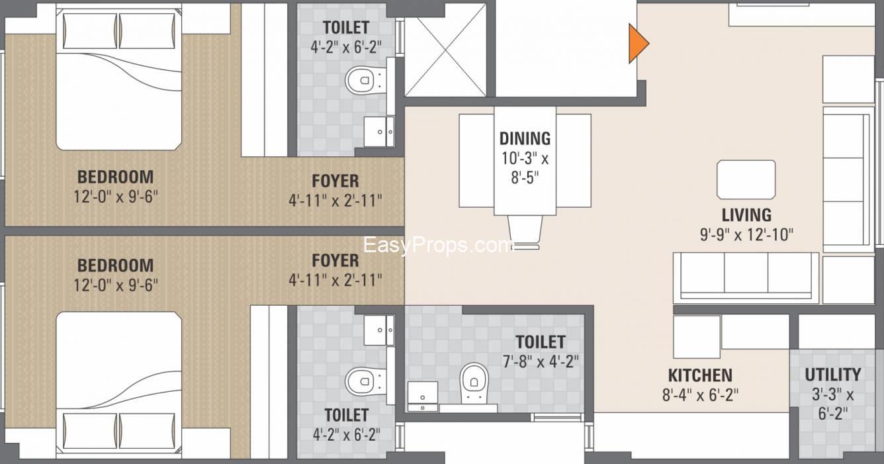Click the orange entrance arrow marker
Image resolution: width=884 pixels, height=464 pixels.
[x=637, y=43]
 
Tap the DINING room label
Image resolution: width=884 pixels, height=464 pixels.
[x=525, y=138]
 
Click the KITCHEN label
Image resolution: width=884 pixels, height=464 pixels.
[x=699, y=375]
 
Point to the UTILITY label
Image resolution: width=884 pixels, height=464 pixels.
[x=832, y=375]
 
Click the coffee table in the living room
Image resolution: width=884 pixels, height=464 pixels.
[x=746, y=179]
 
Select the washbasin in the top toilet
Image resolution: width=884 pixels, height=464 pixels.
[x=380, y=132]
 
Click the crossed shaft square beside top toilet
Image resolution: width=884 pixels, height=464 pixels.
[x=445, y=56]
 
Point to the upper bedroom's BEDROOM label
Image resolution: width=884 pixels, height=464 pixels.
[x=115, y=177]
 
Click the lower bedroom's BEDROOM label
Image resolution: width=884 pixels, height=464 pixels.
[x=115, y=265]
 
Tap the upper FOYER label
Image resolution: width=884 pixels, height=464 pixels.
[x=335, y=181]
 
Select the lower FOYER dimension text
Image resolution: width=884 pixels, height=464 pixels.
[x=335, y=280]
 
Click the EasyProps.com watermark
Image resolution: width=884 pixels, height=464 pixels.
[x=439, y=246]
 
